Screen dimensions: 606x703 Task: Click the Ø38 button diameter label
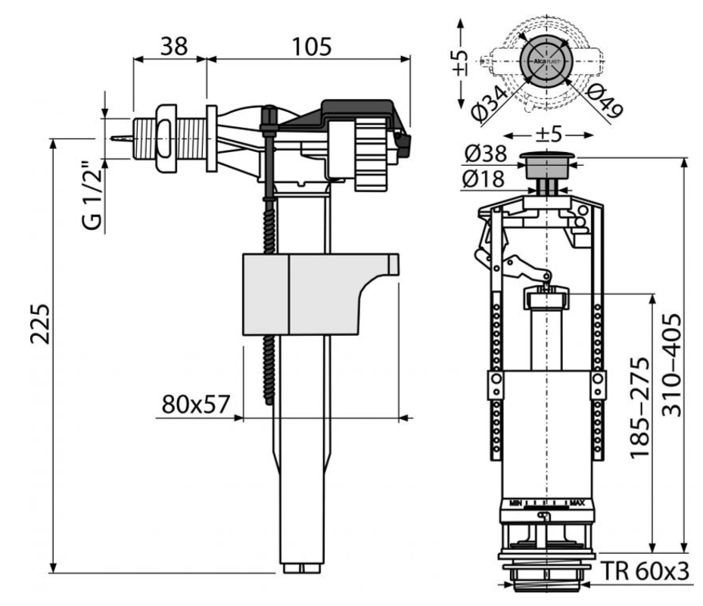tap(486, 154)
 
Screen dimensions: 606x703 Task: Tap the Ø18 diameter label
tap(486, 180)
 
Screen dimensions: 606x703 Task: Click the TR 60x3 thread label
tap(648, 571)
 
